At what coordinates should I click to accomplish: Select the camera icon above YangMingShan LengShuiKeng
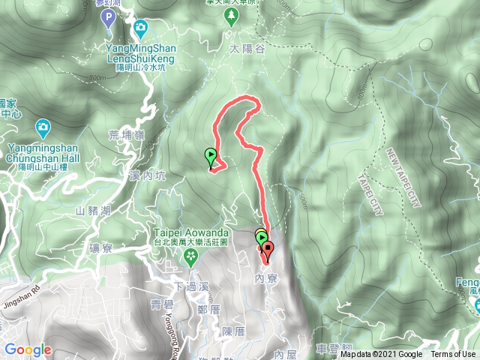pyautogui.click(x=140, y=29)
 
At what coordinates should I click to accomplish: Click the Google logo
pyautogui.click(x=28, y=349)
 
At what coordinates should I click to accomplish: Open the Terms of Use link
pyautogui.click(x=453, y=355)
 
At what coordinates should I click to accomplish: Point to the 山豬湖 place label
pyautogui.click(x=94, y=211)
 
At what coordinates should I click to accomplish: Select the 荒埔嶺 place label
pyautogui.click(x=122, y=135)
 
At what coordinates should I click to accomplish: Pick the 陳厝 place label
pyautogui.click(x=234, y=331)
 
